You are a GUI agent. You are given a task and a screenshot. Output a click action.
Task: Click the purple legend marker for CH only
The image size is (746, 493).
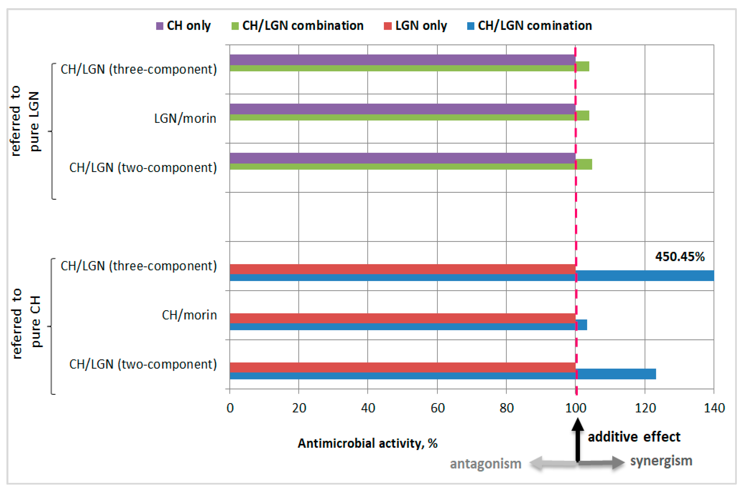point(160,26)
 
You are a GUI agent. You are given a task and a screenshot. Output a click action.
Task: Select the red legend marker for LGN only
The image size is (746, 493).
point(388,26)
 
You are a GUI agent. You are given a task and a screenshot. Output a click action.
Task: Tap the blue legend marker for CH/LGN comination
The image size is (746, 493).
point(471,26)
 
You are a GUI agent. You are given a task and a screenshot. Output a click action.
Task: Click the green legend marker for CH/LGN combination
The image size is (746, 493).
point(235,26)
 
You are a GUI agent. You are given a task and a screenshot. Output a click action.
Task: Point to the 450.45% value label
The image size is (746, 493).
point(680,257)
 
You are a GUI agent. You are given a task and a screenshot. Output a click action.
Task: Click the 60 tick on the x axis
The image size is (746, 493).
point(437,408)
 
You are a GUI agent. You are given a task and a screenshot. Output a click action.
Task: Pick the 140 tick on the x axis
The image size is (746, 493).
point(714,408)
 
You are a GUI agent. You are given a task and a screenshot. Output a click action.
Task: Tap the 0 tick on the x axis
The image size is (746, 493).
point(230,408)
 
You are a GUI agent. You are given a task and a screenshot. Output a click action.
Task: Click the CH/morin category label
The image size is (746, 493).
point(189,315)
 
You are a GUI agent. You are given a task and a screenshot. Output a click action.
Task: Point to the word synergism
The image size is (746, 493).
point(661,461)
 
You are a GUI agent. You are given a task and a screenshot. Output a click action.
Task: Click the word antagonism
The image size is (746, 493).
point(486,464)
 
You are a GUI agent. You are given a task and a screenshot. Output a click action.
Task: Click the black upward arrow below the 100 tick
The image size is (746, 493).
point(577,440)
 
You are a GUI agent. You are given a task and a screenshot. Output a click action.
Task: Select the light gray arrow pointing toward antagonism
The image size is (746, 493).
point(553,463)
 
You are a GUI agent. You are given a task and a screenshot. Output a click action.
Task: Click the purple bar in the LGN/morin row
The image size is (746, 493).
point(402,109)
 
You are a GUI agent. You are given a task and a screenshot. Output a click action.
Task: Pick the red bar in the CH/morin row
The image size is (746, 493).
point(402,318)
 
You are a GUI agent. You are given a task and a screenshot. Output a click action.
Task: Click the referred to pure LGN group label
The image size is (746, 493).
point(25,121)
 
